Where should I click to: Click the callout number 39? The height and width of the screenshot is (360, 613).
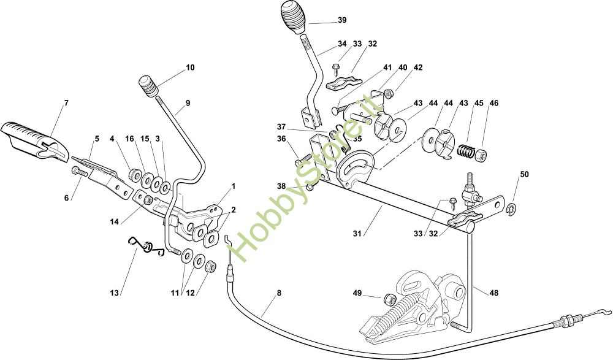point(342,20)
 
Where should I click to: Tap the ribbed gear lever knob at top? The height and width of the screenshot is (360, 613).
point(295,17)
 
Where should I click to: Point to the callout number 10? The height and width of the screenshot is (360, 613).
point(190,67)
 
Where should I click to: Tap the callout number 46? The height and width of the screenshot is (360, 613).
point(494,103)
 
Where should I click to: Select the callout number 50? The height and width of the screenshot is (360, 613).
point(524,175)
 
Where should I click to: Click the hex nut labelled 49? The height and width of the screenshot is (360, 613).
point(388,299)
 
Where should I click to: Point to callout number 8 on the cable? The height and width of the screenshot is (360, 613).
point(279,293)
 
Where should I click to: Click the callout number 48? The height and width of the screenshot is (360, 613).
point(493,293)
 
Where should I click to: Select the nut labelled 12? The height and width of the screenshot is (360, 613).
point(208,266)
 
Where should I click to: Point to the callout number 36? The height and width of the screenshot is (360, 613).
point(281,139)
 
